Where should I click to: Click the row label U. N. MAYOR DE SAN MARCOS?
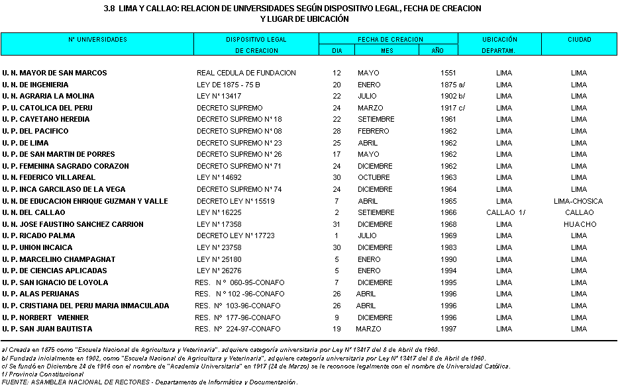tap(54, 73)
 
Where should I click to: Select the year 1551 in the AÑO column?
tap(448, 73)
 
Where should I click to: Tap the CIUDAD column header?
tap(579, 40)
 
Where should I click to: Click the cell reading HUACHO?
tap(579, 224)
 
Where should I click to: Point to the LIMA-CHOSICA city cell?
tap(578, 201)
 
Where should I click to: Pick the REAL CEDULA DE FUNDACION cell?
tap(246, 73)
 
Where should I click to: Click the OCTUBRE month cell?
tap(374, 178)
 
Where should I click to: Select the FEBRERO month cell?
tap(373, 131)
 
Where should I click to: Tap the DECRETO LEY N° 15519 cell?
tap(236, 201)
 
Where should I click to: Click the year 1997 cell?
tap(448, 329)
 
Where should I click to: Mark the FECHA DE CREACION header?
tap(390, 40)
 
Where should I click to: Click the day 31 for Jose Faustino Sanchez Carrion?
tap(336, 224)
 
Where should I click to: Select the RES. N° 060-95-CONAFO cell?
tap(240, 282)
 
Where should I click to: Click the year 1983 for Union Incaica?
tap(448, 247)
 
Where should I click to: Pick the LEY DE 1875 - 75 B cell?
tap(229, 85)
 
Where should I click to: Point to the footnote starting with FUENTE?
tap(149, 382)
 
